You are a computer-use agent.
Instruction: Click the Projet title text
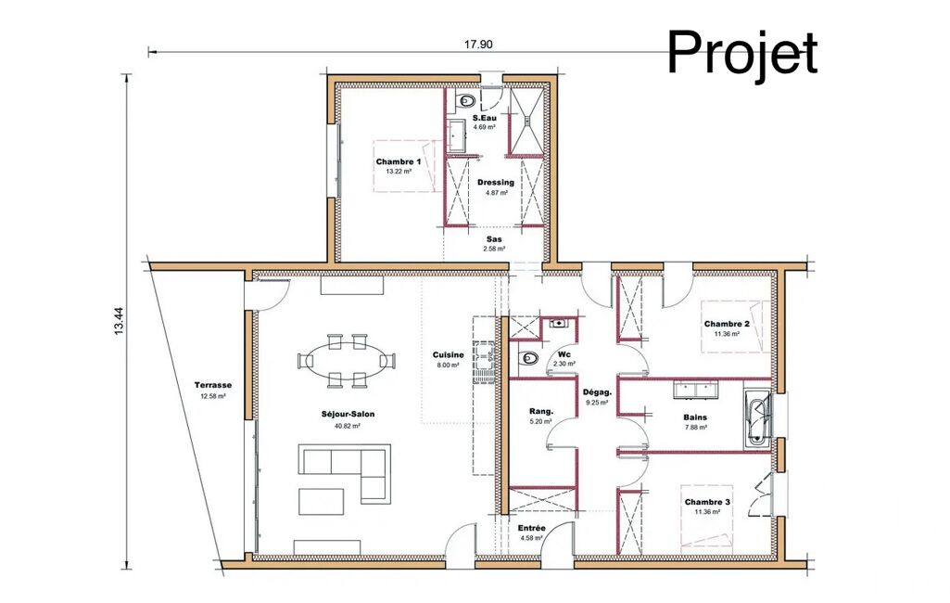pos(742,54)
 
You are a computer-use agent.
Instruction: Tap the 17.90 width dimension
pos(478,45)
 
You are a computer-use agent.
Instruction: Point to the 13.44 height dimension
pos(119,321)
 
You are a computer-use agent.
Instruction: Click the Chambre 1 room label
pos(398,161)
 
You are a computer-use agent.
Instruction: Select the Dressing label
pos(496,182)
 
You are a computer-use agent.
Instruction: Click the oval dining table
pos(346,360)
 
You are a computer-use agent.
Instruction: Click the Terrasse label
pos(212,385)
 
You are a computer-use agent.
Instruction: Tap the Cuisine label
pos(449,355)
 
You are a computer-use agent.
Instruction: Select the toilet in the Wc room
pos(528,358)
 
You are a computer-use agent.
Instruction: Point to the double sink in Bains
pos(695,389)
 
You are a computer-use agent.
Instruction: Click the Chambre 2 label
pos(727,324)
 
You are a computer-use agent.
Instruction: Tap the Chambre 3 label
pos(707,502)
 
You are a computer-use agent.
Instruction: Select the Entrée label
pos(531,529)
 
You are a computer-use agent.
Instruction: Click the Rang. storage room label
pos(541,411)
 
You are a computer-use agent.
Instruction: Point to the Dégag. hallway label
pos(598,391)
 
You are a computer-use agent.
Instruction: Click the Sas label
pos(494,239)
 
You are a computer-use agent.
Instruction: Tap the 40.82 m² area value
pos(348,426)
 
